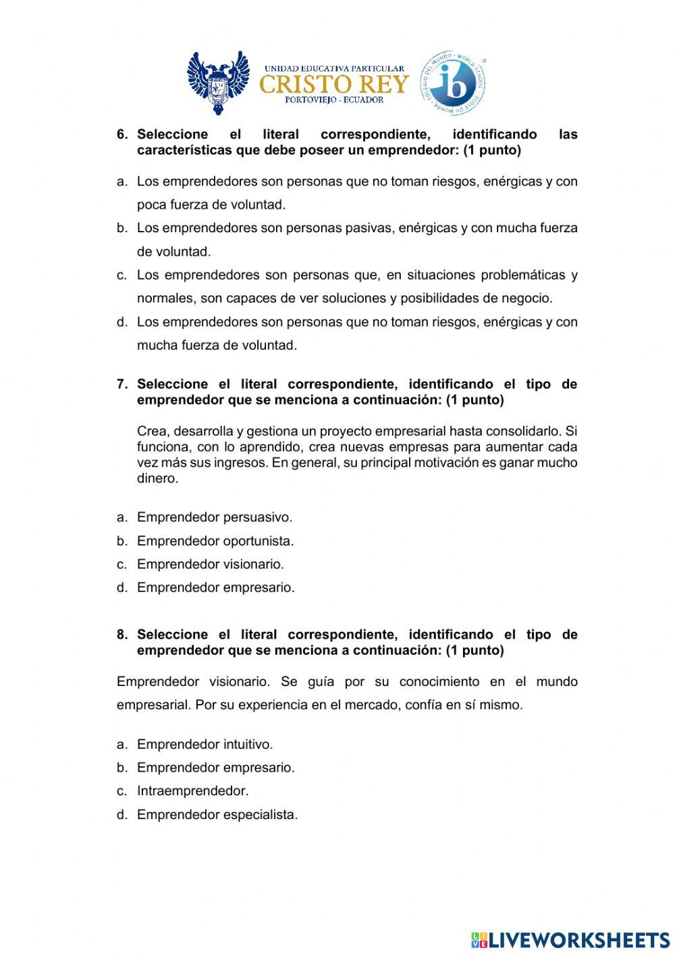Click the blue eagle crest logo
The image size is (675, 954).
point(218,83)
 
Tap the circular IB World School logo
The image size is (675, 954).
point(453,84)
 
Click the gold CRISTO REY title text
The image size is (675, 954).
point(334,84)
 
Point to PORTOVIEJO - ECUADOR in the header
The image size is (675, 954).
point(334,100)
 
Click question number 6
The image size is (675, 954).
point(122,134)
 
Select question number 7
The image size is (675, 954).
point(122,384)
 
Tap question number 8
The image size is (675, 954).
point(122,635)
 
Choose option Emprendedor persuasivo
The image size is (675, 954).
point(215,517)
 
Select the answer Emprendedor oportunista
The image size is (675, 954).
point(215,541)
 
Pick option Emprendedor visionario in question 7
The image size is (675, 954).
point(210,564)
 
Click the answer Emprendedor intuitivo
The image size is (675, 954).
point(205,744)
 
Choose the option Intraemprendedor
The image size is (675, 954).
point(192,791)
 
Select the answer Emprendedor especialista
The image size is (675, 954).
point(217,814)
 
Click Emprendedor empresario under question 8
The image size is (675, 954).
point(215,768)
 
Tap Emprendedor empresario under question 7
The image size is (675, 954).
point(215,587)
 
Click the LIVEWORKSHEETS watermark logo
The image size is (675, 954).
point(570,939)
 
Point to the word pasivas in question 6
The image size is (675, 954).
point(370,228)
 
